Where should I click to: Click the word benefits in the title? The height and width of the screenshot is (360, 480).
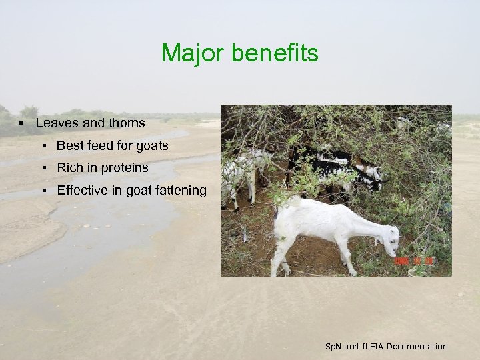click(x=275, y=53)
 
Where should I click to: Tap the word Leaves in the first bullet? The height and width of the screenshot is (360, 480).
click(x=57, y=123)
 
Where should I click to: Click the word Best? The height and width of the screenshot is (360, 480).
click(x=69, y=145)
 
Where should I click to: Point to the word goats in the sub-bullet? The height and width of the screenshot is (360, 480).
click(x=151, y=145)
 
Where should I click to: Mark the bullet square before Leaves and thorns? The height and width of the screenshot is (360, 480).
click(x=22, y=123)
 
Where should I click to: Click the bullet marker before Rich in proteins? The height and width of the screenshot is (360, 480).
click(x=43, y=169)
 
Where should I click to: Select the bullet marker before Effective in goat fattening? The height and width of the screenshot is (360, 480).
click(x=43, y=191)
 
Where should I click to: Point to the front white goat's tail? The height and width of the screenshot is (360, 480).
click(x=276, y=212)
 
